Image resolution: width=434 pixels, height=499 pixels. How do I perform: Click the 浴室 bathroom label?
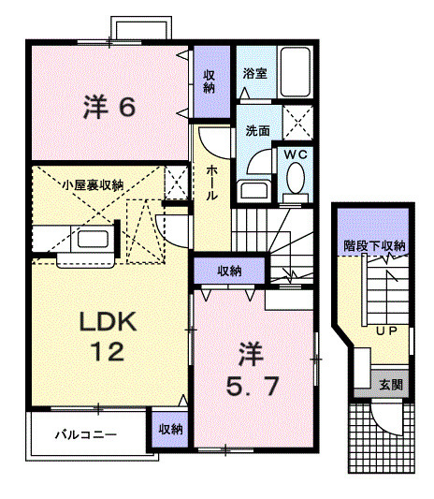point(253,72)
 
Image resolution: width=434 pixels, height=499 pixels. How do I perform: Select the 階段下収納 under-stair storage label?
point(373,246)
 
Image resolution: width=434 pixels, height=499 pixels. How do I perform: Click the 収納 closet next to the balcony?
point(169,429)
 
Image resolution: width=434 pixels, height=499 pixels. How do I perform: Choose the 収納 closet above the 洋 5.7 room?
point(230,271)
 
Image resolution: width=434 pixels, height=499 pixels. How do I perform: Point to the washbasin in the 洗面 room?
point(253,190)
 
